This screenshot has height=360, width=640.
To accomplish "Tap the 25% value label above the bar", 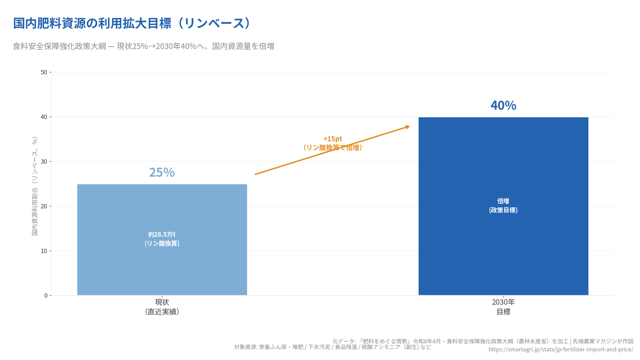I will (162, 172).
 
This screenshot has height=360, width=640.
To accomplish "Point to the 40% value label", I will (503, 105).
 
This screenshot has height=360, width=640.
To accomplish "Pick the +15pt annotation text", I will (333, 139).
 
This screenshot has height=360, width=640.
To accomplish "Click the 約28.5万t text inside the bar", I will (162, 235).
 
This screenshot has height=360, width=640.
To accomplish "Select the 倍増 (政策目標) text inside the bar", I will (503, 205).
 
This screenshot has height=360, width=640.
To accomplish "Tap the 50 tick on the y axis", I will (44, 72).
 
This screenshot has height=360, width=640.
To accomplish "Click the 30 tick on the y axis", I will (44, 162).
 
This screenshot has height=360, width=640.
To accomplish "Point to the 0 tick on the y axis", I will (46, 296).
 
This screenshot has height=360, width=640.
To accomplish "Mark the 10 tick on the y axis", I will (44, 251).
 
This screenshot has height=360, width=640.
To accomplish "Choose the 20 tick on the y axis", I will (44, 206).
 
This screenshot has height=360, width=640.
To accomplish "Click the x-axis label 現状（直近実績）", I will (162, 307).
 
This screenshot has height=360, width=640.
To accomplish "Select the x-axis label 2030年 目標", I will (503, 307).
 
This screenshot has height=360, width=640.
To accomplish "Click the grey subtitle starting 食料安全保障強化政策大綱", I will (143, 46).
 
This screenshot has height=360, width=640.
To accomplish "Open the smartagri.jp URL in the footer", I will (561, 349).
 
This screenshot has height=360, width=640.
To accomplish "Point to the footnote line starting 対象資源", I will (332, 347).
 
